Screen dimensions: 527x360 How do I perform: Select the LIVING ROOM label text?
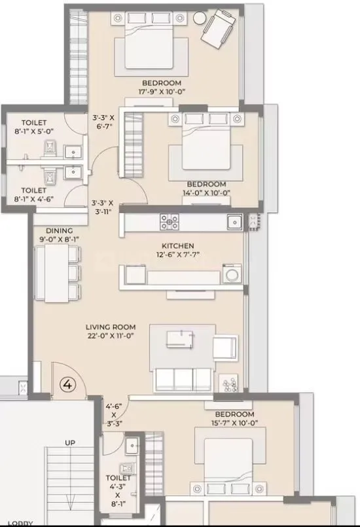tap(110, 327)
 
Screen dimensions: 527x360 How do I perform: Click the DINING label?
tap(60, 230)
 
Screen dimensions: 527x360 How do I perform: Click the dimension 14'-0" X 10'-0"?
tap(206, 192)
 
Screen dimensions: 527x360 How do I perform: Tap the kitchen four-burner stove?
tap(170, 223)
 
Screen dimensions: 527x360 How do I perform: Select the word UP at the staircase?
tap(70, 443)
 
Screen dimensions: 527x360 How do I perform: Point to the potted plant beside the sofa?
tap(229, 384)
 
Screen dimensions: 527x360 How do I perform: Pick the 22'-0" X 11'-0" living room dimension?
tap(110, 335)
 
